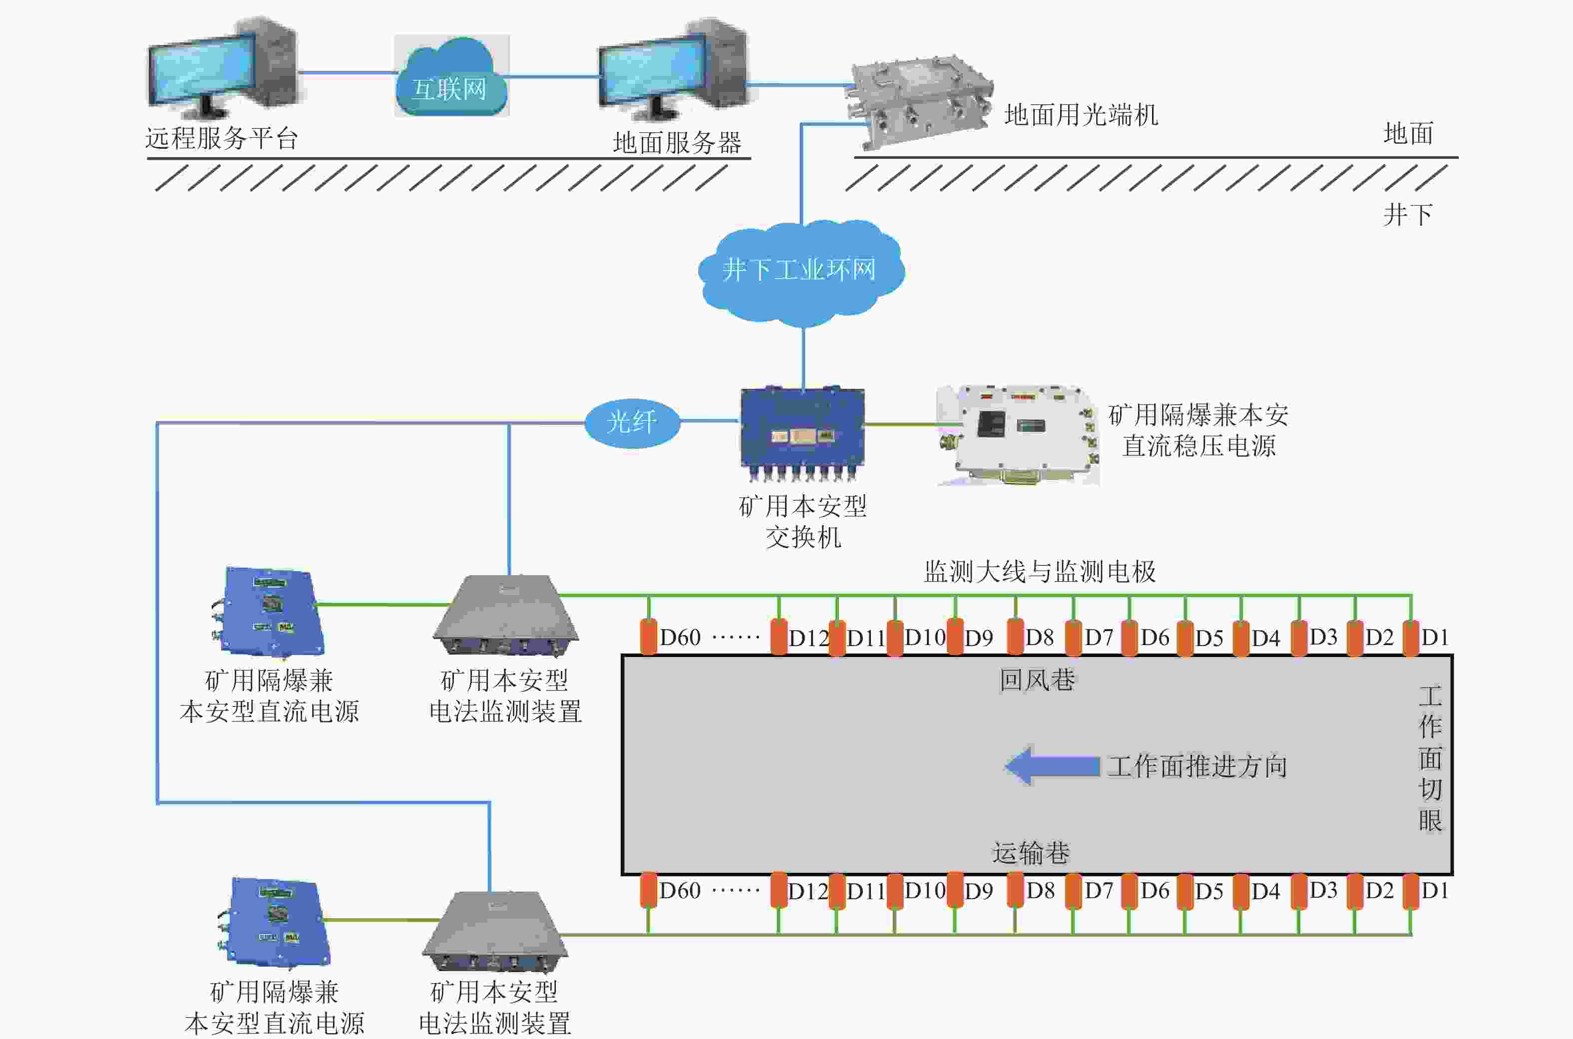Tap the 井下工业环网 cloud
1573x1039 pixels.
(801, 272)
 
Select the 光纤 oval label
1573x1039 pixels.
(632, 422)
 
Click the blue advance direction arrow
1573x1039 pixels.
(1053, 766)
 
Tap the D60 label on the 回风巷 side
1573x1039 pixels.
(680, 638)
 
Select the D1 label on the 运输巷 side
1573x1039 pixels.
(1435, 891)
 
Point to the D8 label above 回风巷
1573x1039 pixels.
(1039, 638)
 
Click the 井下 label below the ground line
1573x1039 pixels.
(1407, 215)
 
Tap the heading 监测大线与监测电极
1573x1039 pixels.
(1040, 571)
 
